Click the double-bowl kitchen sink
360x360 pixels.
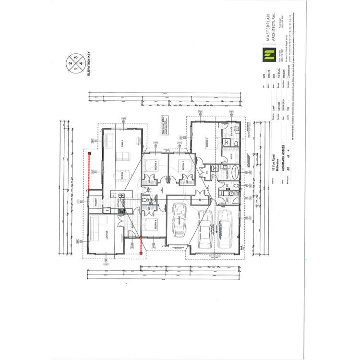[x=121, y=195]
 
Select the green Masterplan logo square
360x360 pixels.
[x=264, y=56]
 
